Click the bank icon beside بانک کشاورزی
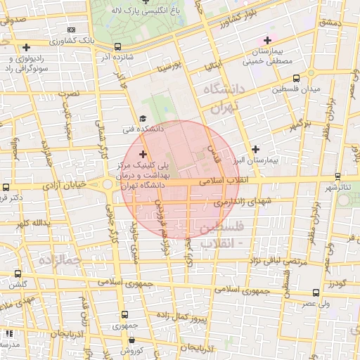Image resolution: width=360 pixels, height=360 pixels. pos(71,30)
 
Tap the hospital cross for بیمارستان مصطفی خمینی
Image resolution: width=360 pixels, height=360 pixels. pos(266,41)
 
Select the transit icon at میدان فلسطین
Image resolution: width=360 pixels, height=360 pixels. pos(295,78)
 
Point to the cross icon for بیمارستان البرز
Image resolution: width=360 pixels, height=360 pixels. pos(255,149)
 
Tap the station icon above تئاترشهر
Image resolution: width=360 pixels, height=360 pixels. pos(337,176)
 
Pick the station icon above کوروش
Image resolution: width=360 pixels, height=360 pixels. pos(124,339)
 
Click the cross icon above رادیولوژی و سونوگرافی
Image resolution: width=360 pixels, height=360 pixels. pos(26,48)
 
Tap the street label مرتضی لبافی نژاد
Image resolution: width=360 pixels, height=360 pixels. pos(257,261)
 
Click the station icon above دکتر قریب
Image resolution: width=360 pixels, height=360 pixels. pos(6,187)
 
